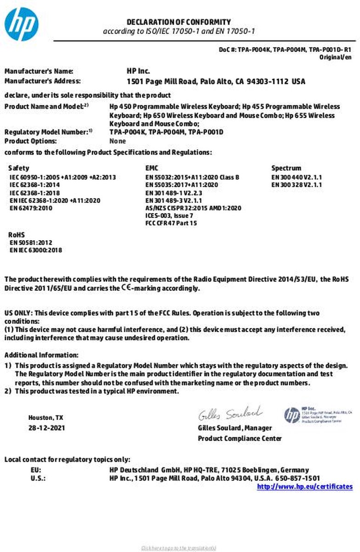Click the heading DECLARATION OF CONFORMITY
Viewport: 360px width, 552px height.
[179, 22]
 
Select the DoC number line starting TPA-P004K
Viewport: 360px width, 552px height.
[285, 49]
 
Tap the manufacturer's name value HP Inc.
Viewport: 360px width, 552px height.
[138, 71]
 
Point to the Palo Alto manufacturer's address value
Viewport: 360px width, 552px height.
[216, 81]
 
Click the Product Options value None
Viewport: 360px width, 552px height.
[118, 141]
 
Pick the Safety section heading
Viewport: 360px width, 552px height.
[18, 168]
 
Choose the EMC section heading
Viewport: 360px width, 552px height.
[152, 168]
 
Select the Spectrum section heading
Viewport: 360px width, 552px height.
[286, 168]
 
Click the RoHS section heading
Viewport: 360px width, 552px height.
[17, 235]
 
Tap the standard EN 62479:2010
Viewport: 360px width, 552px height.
[31, 208]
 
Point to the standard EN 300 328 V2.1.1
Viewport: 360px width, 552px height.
[297, 184]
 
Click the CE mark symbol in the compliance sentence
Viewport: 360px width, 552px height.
[126, 288]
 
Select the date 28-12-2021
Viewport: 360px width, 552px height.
[46, 428]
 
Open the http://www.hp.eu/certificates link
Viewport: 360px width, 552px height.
[305, 486]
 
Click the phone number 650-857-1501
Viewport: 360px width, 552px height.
[297, 478]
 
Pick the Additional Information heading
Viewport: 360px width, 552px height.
[41, 355]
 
